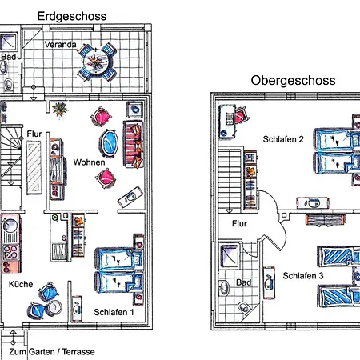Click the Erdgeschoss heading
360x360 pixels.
point(72,16)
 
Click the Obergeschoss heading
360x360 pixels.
point(293,81)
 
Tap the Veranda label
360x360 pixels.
point(60,44)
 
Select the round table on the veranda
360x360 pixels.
point(97,62)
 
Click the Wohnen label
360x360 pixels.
point(89,162)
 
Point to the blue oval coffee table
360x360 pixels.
point(109,142)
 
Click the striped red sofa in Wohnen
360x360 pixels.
point(134,144)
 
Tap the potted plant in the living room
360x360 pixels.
point(60,110)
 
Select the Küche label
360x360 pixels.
point(21,284)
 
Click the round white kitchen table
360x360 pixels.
point(54,308)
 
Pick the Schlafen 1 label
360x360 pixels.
point(114,312)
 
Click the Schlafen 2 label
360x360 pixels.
point(283,139)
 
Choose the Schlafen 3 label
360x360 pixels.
point(303,275)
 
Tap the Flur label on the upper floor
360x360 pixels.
point(239,223)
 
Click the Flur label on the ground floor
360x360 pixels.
point(34,134)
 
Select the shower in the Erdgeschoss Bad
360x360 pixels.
point(9,42)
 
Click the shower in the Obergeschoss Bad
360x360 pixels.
point(230,256)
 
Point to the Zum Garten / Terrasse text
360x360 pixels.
point(52,352)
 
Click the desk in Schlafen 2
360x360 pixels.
point(227,122)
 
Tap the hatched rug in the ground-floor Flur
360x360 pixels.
point(34,167)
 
